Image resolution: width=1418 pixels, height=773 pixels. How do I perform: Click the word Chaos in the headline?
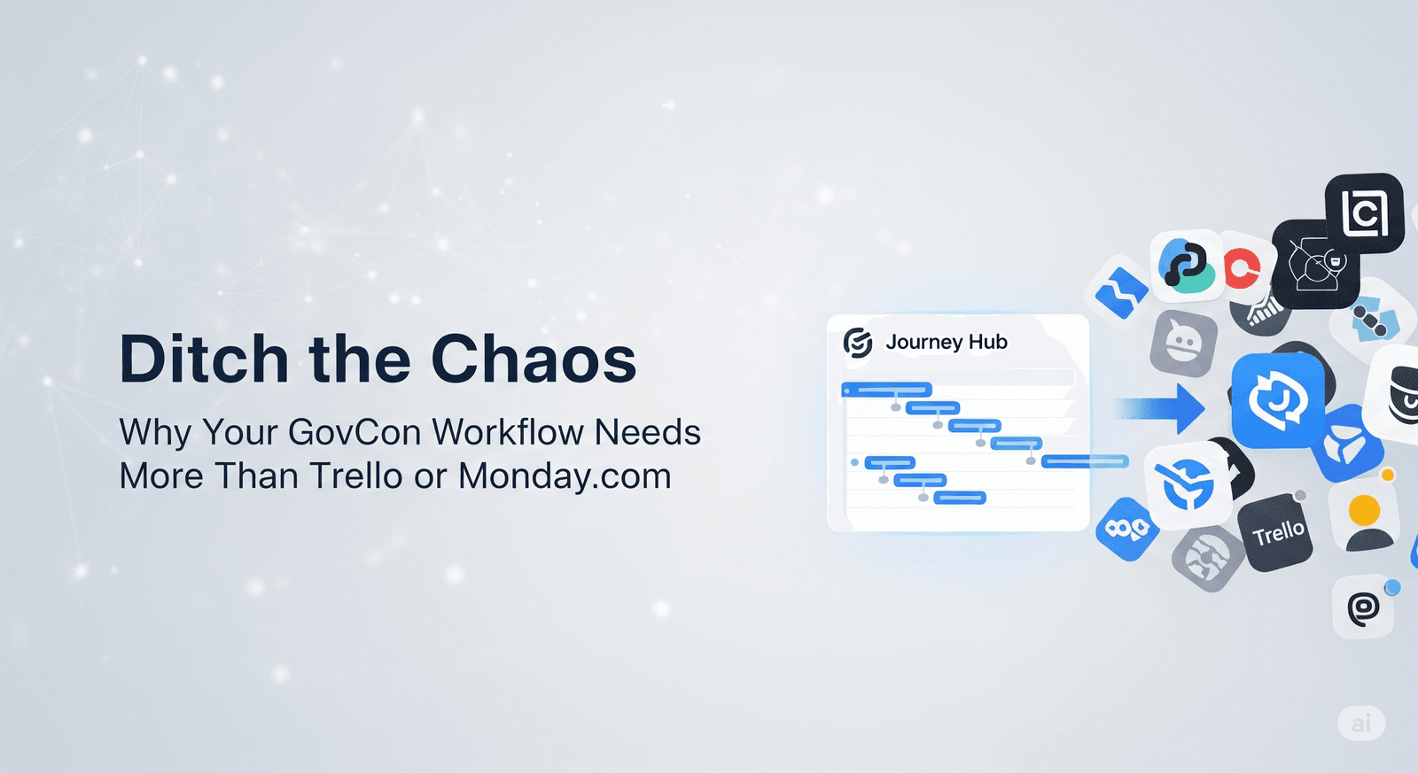tap(534, 359)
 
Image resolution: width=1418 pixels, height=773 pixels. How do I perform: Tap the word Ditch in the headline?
tap(203, 358)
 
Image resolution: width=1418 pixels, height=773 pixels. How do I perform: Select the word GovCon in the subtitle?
tap(354, 432)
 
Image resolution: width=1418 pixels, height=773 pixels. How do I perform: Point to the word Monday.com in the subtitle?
tap(565, 475)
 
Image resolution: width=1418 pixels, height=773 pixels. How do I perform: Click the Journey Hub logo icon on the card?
tap(858, 343)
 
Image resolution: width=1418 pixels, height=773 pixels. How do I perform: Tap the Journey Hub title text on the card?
tap(947, 342)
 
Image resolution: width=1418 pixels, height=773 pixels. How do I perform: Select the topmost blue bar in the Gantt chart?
tap(886, 390)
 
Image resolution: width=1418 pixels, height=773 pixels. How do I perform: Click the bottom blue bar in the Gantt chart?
tap(960, 498)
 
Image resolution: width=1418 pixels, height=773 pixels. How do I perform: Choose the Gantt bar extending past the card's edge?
tap(1085, 462)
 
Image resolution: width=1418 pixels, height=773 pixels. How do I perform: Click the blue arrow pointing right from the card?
tap(1158, 409)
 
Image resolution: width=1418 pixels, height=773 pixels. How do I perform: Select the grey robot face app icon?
tap(1183, 344)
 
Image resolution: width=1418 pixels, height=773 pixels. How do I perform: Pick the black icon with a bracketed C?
tap(1364, 213)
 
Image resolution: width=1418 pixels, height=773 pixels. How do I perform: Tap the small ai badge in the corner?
tap(1361, 723)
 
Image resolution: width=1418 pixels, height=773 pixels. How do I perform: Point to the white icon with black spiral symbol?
tap(1364, 607)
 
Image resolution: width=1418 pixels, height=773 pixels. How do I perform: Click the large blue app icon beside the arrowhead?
tap(1278, 400)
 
